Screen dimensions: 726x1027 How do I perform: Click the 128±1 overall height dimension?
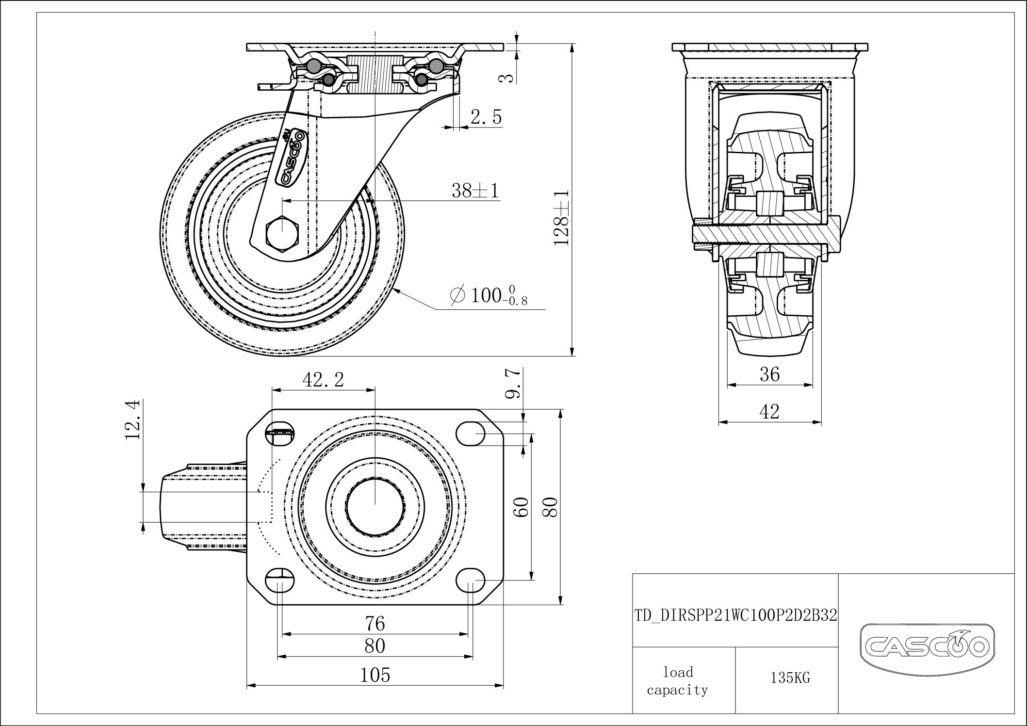pos(562,217)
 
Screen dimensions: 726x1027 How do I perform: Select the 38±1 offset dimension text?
pos(474,191)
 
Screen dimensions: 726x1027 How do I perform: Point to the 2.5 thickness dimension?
pos(486,117)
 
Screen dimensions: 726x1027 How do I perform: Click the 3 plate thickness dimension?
pos(507,77)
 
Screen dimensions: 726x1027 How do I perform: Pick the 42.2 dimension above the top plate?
pos(323,380)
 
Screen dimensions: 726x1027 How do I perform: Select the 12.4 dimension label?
pos(133,419)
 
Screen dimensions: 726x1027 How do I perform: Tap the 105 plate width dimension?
pos(375,675)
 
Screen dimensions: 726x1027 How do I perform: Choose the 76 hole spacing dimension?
pos(375,623)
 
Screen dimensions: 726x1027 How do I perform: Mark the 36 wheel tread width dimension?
pos(769,374)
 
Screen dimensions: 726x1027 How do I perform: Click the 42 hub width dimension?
pos(769,412)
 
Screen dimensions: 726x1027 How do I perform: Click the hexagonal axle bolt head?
pos(283,234)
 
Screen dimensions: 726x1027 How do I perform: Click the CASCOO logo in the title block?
pos(927,646)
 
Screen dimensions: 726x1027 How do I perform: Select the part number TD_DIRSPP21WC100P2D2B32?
pos(735,615)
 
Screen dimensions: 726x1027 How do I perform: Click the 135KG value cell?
pos(790,678)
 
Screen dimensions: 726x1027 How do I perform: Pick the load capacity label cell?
pos(678,681)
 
